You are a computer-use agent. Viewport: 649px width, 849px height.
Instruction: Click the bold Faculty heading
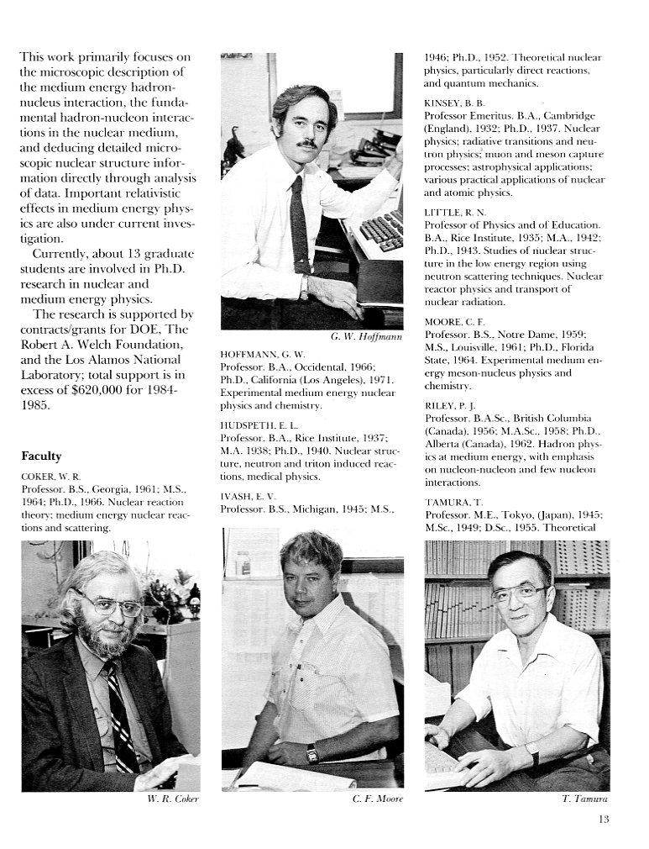tap(41, 456)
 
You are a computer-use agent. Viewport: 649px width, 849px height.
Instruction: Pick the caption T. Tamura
tap(584, 799)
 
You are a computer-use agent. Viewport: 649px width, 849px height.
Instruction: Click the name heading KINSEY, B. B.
tap(454, 103)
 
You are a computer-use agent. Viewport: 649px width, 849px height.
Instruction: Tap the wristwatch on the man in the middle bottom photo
tap(312, 753)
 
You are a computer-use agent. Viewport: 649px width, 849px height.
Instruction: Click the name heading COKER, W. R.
tap(52, 477)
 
